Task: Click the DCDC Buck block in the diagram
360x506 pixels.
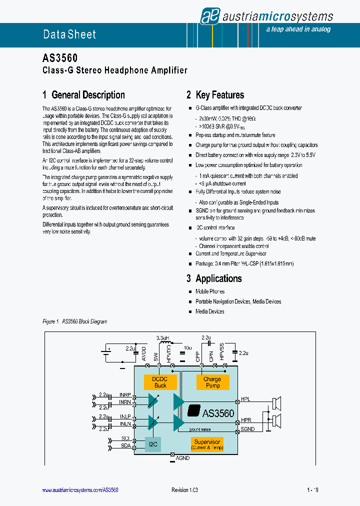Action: (160, 382)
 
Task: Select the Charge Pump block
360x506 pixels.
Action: (212, 382)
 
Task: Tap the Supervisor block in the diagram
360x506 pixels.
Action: (207, 444)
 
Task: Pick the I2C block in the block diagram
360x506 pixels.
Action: (152, 443)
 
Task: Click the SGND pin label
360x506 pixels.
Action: (247, 429)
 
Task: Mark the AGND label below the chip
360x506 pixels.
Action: (182, 458)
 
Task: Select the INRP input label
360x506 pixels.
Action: (125, 395)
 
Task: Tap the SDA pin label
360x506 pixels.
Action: (125, 445)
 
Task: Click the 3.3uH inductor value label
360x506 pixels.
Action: (162, 338)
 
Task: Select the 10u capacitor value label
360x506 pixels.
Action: (187, 347)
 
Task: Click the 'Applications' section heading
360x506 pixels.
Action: (218, 278)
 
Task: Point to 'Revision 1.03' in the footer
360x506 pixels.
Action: (184, 490)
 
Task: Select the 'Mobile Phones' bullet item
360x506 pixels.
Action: (210, 291)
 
